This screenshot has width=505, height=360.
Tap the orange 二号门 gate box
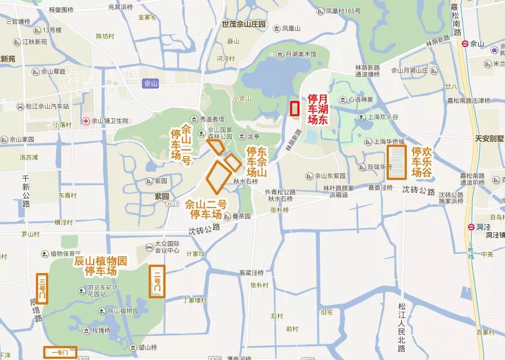pos(157,281)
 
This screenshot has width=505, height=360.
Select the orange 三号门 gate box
pos(42,288)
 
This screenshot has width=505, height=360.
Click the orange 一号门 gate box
pos(60,352)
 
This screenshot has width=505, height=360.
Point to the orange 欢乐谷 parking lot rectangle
pos(397,162)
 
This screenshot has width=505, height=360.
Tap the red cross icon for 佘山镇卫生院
pos(86,121)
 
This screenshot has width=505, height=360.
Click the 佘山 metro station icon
pos(465,43)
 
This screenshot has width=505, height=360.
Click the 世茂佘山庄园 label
pos(244,25)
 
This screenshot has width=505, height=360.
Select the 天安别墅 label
pos(489,138)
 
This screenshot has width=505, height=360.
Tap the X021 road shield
pos(174,205)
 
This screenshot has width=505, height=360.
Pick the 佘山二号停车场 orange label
pos(206,209)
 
